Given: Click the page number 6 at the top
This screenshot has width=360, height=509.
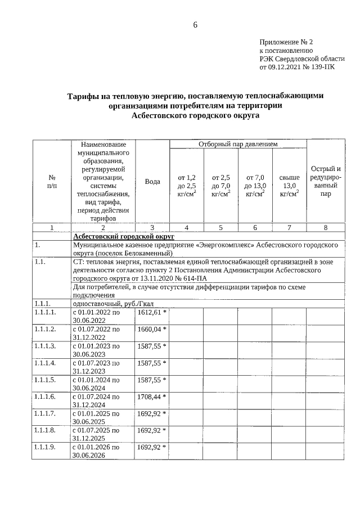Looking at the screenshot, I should pyautogui.click(x=195, y=25).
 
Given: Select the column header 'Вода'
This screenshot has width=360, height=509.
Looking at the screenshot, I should pyautogui.click(x=152, y=182).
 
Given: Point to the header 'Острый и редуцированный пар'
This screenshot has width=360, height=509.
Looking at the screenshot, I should pyautogui.click(x=325, y=181).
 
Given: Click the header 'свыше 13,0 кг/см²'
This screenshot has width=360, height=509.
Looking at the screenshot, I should pyautogui.click(x=289, y=186).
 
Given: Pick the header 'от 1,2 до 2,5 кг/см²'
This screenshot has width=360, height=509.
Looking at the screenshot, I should pyautogui.click(x=186, y=186).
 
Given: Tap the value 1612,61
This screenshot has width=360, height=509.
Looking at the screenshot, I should pyautogui.click(x=149, y=311).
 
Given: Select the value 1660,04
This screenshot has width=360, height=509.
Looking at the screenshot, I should pyautogui.click(x=149, y=328).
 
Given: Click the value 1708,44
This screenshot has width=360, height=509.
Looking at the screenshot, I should pyautogui.click(x=149, y=397).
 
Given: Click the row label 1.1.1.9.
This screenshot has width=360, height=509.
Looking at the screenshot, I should pyautogui.click(x=45, y=447).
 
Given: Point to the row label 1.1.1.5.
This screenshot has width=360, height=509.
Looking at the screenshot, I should pyautogui.click(x=45, y=380).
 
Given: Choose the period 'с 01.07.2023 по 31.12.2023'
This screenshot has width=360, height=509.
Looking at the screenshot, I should pyautogui.click(x=96, y=367).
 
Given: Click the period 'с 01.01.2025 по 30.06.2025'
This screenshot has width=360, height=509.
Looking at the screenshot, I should pyautogui.click(x=96, y=417).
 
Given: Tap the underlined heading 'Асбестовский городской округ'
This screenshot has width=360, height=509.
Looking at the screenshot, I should pyautogui.click(x=124, y=237).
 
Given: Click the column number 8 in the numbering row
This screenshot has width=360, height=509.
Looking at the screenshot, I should pyautogui.click(x=325, y=228).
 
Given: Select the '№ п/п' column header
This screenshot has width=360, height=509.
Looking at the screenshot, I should pyautogui.click(x=52, y=182).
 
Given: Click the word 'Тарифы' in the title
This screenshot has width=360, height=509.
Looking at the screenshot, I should pyautogui.click(x=84, y=96).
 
